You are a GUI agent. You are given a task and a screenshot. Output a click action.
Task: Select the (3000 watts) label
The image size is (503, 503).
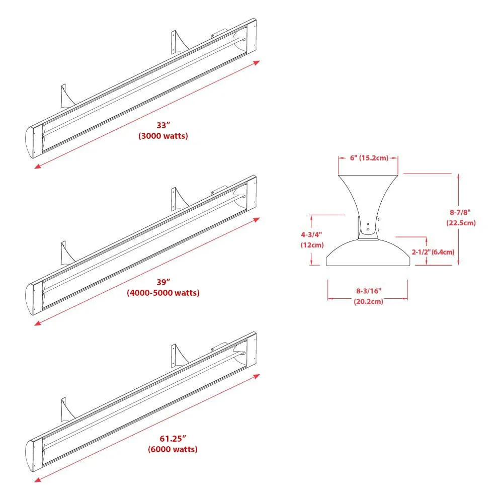tap(163, 136)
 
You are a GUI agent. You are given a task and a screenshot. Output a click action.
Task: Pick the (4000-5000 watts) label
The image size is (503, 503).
tap(163, 293)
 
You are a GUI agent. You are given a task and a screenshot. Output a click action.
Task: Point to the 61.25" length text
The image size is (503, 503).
tap(173, 439)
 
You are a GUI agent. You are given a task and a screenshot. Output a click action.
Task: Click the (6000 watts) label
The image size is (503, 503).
tap(173, 449)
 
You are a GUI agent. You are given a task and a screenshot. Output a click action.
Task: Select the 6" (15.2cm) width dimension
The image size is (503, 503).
tap(369, 158)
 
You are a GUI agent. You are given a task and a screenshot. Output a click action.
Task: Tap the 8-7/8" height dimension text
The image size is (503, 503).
tap(460, 212)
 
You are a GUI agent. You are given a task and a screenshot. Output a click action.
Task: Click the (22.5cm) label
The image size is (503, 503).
tap(461, 222)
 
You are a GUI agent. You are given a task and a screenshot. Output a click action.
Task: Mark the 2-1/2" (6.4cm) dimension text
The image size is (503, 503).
tap(433, 251)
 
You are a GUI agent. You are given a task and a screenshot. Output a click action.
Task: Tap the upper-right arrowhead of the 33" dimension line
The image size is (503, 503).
tap(258, 62)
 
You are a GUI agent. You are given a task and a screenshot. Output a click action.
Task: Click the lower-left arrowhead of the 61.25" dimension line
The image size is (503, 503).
tap(37, 479)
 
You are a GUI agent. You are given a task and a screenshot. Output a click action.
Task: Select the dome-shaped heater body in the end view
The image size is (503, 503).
tap(368, 254)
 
